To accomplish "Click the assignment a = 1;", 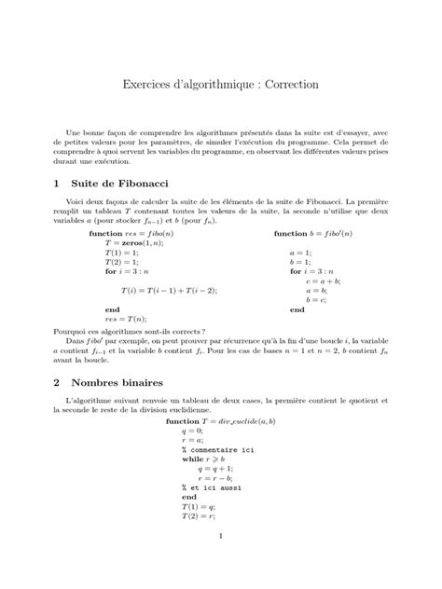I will (300, 253).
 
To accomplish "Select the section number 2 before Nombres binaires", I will (58, 383).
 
